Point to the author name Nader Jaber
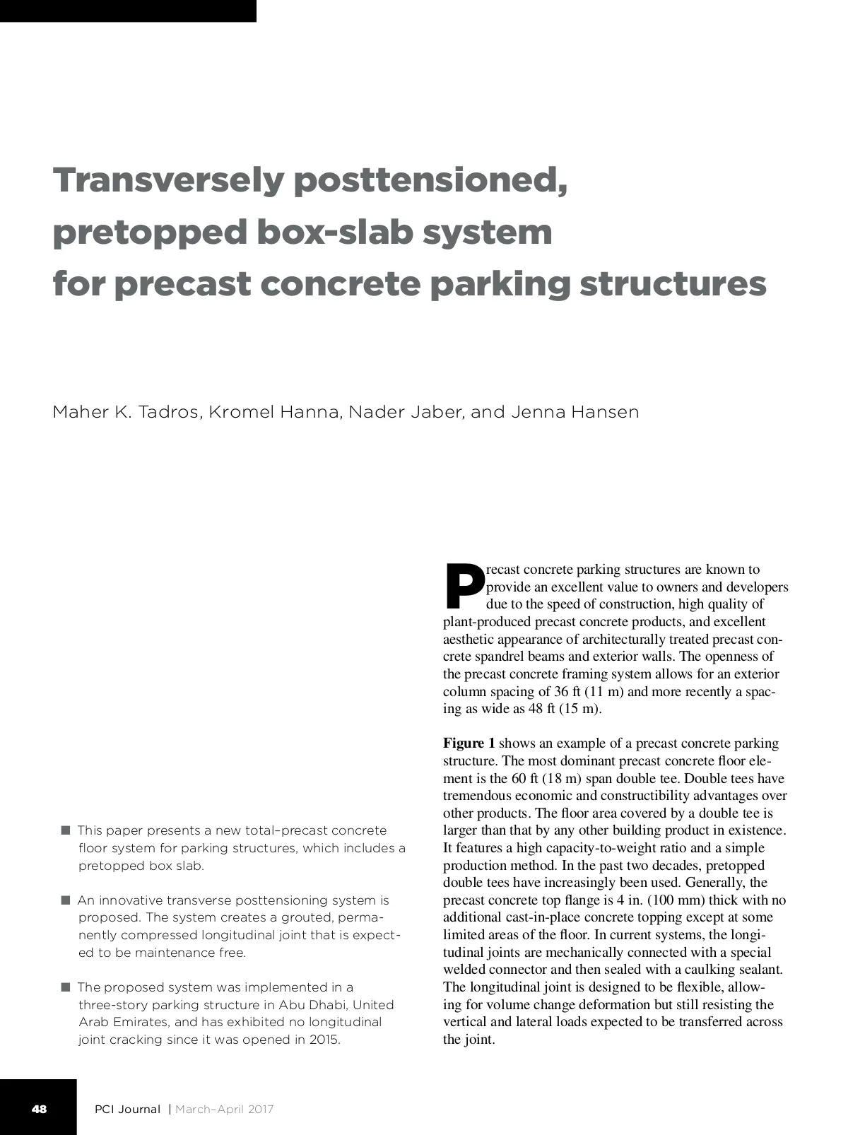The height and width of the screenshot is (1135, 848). coord(405,412)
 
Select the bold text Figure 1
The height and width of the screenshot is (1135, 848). coord(469,743)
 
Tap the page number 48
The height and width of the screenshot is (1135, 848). coord(39,1109)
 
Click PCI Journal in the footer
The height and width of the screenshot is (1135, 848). coord(128,1109)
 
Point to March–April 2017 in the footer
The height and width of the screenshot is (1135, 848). coord(224,1109)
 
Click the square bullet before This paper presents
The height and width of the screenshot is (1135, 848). coord(66,830)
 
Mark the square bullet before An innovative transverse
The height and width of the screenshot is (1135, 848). coord(66,900)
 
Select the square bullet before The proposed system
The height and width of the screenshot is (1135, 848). coord(66,987)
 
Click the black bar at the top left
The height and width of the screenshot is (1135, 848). coord(128,11)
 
